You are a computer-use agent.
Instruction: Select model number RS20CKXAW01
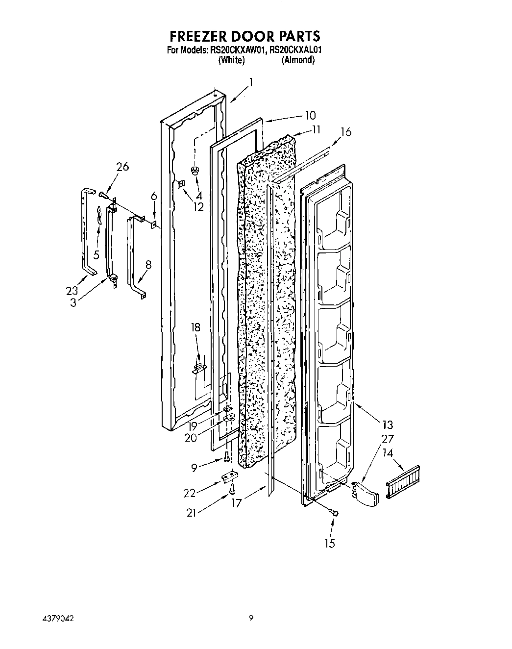[237, 50]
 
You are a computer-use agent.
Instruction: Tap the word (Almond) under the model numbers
[298, 60]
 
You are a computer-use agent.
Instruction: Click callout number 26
[122, 167]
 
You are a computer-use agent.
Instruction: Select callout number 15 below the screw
[330, 543]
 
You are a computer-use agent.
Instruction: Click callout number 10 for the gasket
[310, 116]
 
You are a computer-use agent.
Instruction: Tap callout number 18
[195, 327]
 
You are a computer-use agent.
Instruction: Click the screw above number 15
[335, 513]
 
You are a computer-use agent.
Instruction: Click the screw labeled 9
[226, 456]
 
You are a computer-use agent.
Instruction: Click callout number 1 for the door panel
[251, 82]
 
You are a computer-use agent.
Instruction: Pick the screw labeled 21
[233, 488]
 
